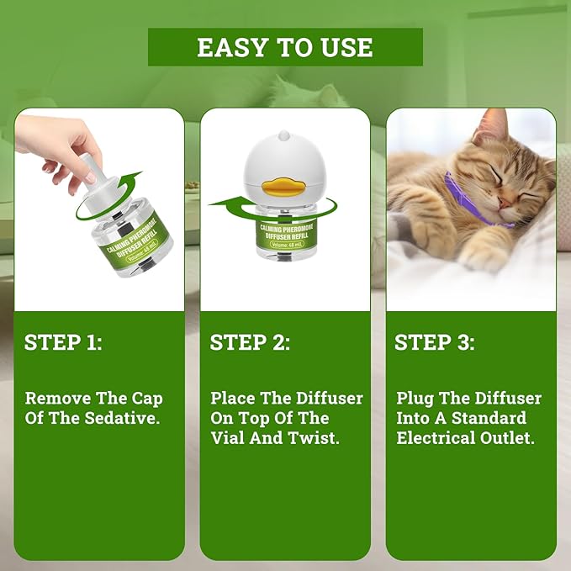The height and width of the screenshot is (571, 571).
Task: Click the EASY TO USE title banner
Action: [285, 47]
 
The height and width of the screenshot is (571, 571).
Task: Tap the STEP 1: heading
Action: [63, 343]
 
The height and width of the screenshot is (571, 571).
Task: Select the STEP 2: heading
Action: [250, 343]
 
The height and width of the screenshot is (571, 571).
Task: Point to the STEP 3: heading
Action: [435, 343]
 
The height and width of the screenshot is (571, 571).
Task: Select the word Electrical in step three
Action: [439, 438]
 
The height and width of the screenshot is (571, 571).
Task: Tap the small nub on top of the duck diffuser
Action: [284, 135]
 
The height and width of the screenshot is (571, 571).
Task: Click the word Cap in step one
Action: [146, 398]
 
